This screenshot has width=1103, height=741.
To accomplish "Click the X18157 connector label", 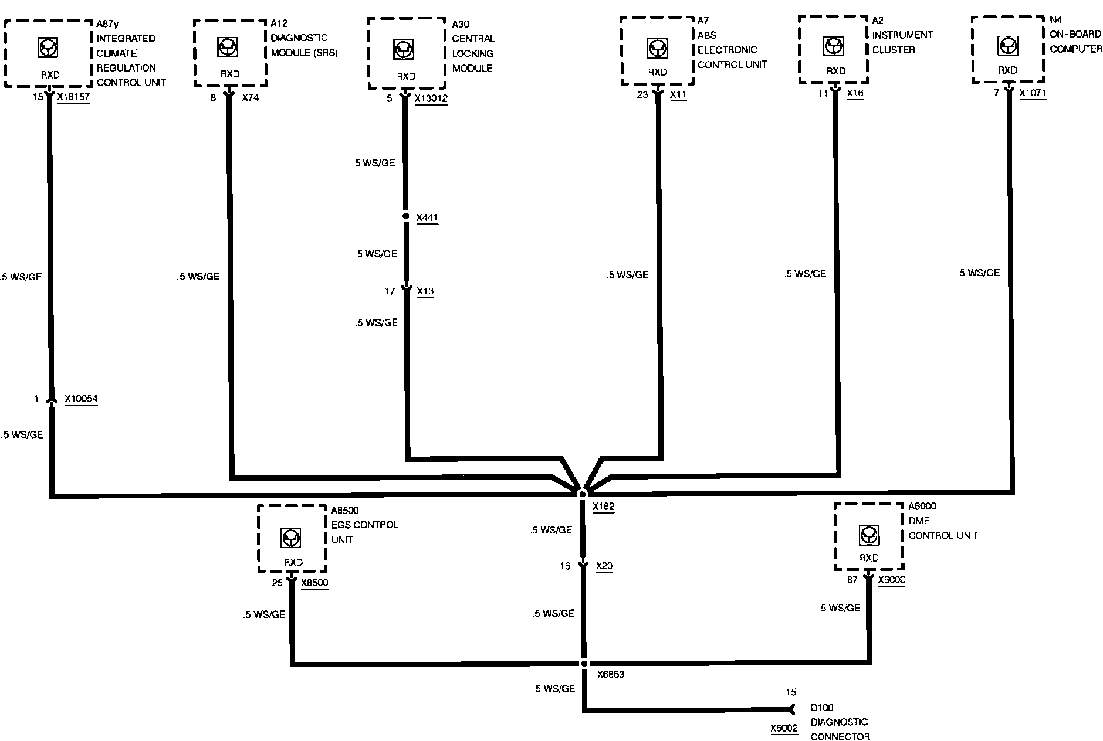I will pyautogui.click(x=73, y=97).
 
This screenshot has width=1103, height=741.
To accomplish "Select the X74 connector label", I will pyautogui.click(x=251, y=97).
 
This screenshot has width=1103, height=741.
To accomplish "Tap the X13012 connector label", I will pyautogui.click(x=431, y=98).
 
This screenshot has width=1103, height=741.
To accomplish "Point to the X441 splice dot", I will pyautogui.click(x=405, y=216).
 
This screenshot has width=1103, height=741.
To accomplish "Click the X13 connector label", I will pyautogui.click(x=425, y=291).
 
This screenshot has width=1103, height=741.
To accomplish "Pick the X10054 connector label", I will pyautogui.click(x=81, y=399).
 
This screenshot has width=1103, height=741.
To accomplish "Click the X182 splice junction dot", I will pyautogui.click(x=583, y=494).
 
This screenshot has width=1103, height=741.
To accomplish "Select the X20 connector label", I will pyautogui.click(x=604, y=566).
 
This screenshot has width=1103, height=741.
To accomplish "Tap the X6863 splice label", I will pyautogui.click(x=610, y=675).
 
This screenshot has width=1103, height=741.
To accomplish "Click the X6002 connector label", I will pyautogui.click(x=784, y=729).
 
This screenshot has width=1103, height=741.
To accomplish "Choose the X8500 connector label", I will pyautogui.click(x=314, y=583).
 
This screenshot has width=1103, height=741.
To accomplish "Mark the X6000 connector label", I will pyautogui.click(x=892, y=580).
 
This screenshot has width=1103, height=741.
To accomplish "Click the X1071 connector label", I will pyautogui.click(x=1033, y=93).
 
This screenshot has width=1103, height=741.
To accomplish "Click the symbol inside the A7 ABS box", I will pyautogui.click(x=657, y=48).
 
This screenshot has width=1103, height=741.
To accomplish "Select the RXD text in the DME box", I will pyautogui.click(x=869, y=558).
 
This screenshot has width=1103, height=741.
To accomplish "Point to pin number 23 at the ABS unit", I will pyautogui.click(x=642, y=94).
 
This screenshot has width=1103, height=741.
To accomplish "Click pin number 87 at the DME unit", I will pyautogui.click(x=852, y=580).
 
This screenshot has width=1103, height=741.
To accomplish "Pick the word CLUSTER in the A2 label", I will pyautogui.click(x=894, y=50).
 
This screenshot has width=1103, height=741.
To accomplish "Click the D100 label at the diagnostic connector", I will pyautogui.click(x=822, y=708).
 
